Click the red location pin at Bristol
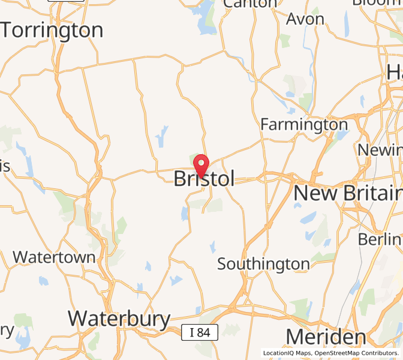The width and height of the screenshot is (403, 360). [x=201, y=164]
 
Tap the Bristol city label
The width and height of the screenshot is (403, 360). [x=204, y=179]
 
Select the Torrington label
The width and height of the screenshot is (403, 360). [x=52, y=30]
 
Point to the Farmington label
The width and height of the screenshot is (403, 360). [x=303, y=125]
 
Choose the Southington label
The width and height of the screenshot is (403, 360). [x=263, y=264]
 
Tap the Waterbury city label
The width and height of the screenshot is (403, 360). [x=119, y=319]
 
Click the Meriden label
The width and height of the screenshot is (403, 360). [x=326, y=337]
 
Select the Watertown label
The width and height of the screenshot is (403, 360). [x=54, y=257]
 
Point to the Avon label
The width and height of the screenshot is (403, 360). [x=305, y=19]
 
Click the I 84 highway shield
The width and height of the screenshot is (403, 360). [x=199, y=331]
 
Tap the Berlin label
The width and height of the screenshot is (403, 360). [x=380, y=239]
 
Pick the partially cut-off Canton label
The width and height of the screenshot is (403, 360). [x=250, y=4]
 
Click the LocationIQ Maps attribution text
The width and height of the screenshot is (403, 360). [x=287, y=353]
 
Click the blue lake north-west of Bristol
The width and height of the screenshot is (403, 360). [x=162, y=136]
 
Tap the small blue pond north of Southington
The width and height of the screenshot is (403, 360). [x=212, y=246]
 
